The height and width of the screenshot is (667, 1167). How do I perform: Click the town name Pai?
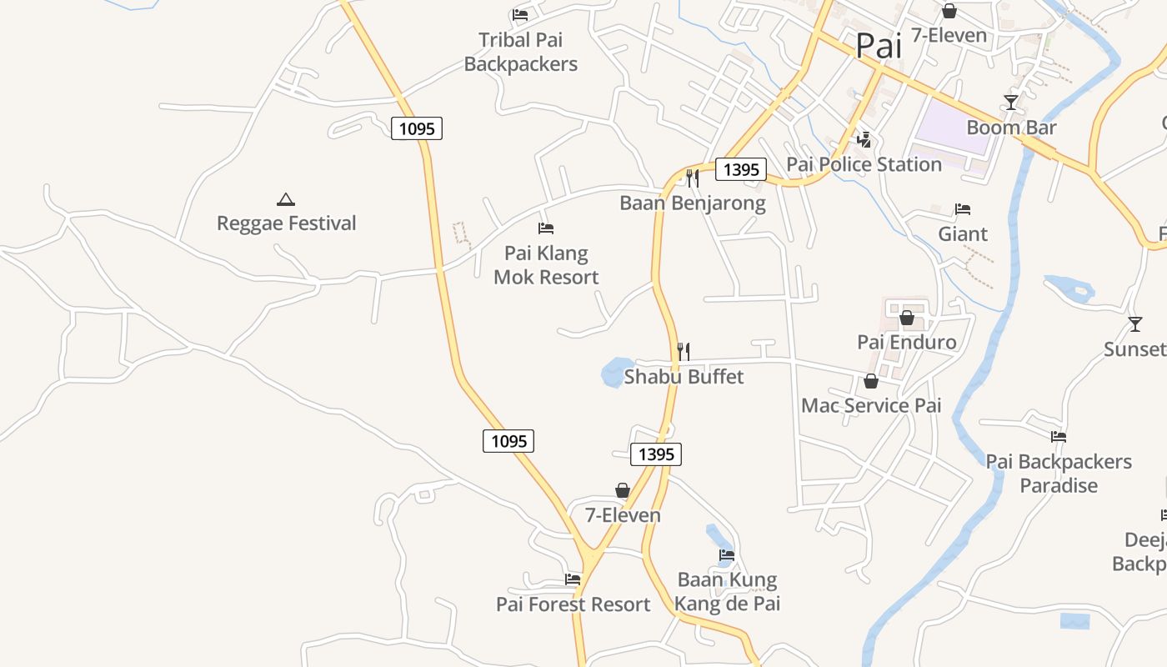[879, 46]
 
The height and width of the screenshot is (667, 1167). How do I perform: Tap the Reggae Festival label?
[286, 223]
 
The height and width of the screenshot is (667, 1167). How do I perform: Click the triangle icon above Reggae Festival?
[286, 199]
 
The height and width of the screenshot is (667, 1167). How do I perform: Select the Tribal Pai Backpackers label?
[520, 52]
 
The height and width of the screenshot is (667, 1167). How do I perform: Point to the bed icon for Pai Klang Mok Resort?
[546, 228]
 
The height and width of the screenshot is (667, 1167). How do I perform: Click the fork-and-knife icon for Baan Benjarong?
[692, 178]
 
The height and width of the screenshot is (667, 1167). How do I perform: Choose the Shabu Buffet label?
[684, 377]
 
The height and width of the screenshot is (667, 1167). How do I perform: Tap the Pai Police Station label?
[864, 164]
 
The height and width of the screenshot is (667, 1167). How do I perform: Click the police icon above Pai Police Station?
[864, 140]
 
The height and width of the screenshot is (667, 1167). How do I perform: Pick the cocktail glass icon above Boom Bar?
[1011, 103]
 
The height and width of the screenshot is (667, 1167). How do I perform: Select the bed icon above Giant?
[963, 208]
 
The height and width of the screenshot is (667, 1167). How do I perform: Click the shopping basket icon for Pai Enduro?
[907, 318]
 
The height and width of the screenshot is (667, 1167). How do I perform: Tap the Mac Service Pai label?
[871, 406]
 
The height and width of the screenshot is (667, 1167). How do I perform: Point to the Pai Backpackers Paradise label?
[1059, 473]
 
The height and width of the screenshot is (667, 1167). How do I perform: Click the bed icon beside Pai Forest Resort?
[573, 579]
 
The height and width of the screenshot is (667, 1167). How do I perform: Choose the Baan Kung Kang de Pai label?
[727, 591]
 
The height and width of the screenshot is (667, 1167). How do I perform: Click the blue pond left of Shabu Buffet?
[617, 372]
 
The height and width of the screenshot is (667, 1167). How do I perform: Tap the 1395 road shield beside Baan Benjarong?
[741, 169]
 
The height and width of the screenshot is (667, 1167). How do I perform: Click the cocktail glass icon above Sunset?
[1134, 323]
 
